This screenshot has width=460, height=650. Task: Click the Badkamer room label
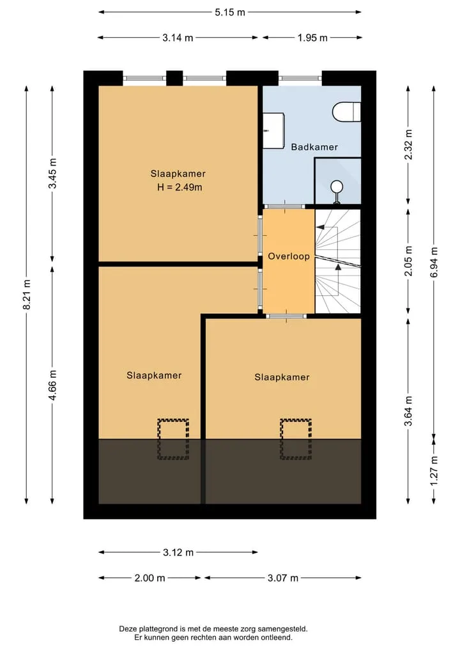click(314, 147)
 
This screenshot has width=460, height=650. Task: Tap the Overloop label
click(289, 256)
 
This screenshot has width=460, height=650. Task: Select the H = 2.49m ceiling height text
click(180, 187)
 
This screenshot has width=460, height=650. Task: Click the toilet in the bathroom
click(346, 111)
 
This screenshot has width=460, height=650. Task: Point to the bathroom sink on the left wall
click(273, 130)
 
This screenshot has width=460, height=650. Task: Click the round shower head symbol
click(337, 187)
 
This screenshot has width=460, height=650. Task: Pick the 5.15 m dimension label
click(230, 12)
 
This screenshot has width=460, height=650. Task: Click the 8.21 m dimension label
click(27, 295)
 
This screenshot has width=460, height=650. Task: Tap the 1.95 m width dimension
click(312, 38)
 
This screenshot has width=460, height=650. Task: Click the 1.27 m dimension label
click(434, 471)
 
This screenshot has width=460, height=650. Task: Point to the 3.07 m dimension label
click(282, 578)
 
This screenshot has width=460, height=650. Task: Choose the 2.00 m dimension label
click(149, 578)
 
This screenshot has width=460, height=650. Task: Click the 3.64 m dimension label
click(409, 411)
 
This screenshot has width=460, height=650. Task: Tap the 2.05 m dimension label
click(409, 261)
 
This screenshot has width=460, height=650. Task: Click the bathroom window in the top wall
click(300, 78)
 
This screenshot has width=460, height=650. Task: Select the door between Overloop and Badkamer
click(285, 206)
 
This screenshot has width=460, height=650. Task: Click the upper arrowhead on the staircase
click(320, 227)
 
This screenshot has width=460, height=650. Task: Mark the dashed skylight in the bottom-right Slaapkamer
click(295, 439)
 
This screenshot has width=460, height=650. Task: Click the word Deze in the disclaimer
click(127, 629)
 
